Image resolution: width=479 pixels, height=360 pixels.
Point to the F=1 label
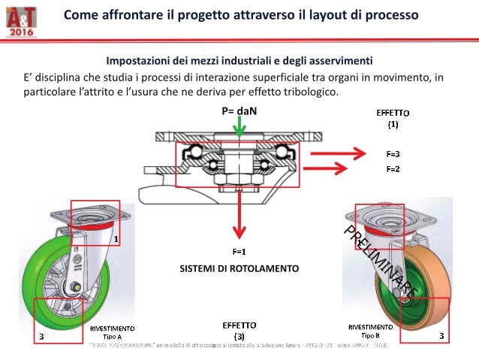239,250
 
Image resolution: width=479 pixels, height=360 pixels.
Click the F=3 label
393,154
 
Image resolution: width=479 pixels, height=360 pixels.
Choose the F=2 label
393,169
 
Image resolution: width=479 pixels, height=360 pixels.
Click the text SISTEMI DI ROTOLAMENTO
239,268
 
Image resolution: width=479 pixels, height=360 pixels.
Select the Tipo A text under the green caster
112,337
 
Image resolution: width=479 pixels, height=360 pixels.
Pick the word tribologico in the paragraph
311,93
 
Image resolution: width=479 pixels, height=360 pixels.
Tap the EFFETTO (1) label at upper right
392,117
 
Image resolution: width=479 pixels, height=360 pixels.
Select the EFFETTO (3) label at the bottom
239,330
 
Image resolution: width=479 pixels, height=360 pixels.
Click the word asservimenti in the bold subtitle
336,60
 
